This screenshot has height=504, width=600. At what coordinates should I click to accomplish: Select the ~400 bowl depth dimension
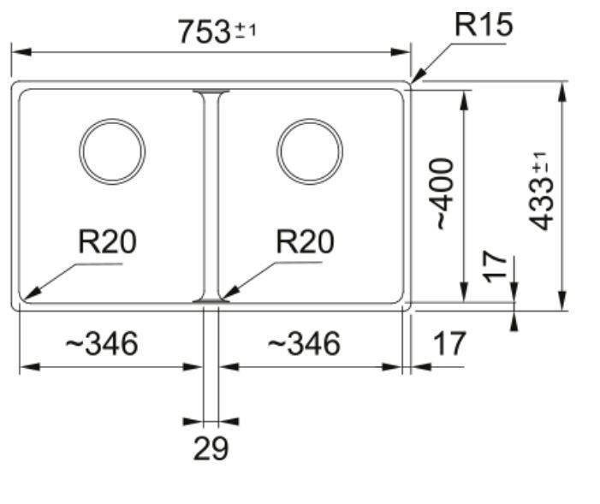[x=442, y=193]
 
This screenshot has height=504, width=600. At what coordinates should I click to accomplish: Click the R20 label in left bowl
[x=106, y=244]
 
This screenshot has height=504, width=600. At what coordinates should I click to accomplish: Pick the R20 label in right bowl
[x=305, y=244]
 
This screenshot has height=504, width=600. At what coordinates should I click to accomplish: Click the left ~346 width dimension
[x=101, y=344]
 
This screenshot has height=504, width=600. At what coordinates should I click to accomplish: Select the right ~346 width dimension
[x=304, y=344]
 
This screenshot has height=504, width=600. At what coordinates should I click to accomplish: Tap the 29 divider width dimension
[x=211, y=448]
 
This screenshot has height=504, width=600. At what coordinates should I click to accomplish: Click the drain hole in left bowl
[x=112, y=151]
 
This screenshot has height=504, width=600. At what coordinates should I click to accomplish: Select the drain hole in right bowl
[x=310, y=151]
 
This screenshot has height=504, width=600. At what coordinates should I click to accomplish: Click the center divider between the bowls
[x=211, y=196]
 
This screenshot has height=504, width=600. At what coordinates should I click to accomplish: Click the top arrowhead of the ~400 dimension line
[x=465, y=96]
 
